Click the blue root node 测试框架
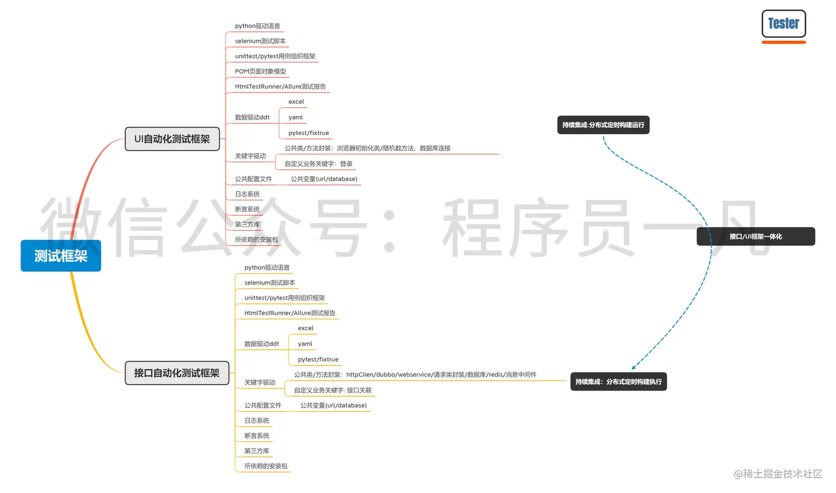point(61,256)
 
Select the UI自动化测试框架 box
point(172,139)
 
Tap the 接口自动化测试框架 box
point(177,373)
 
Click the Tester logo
point(783,24)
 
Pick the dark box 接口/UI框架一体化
point(755,236)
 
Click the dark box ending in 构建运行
point(603,125)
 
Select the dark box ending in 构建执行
point(618,382)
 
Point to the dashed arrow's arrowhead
point(634,367)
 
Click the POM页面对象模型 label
point(260,71)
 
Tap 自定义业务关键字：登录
point(318,164)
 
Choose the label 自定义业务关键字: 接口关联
point(333,390)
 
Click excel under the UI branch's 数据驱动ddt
point(296,102)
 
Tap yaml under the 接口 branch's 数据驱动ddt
point(305,344)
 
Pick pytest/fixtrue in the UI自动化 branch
point(309,133)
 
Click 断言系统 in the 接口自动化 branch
point(257,436)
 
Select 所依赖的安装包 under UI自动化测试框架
point(257,240)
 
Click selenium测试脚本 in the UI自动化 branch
point(260,41)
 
